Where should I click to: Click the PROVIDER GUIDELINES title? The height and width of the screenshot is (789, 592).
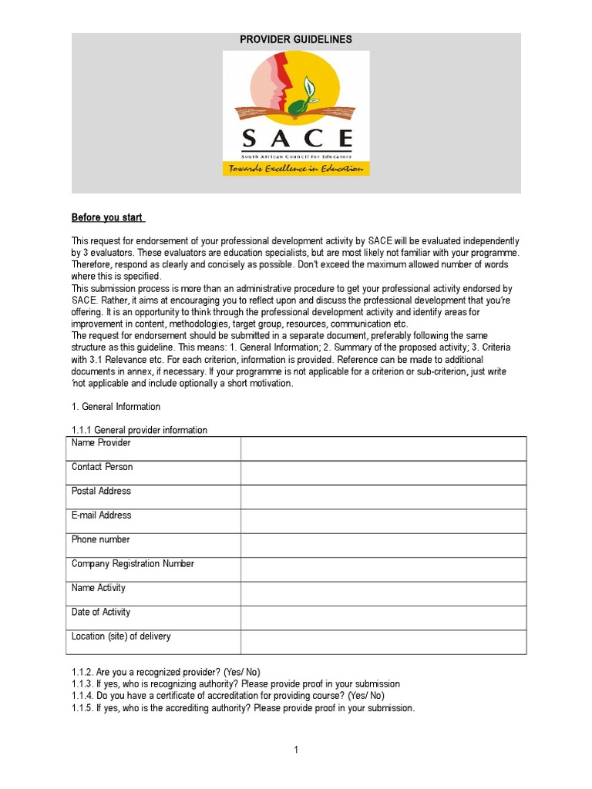tap(296, 39)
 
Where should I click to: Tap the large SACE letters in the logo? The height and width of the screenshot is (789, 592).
tap(296, 139)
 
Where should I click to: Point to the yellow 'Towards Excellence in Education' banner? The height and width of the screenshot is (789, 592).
tap(296, 169)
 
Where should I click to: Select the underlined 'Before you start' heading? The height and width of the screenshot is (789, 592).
tap(108, 217)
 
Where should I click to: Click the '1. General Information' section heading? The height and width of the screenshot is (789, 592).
tap(116, 406)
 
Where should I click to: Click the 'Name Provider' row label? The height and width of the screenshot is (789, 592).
tap(101, 443)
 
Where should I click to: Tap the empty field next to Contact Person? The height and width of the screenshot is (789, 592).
tap(383, 472)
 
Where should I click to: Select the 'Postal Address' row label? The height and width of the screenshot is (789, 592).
tap(101, 491)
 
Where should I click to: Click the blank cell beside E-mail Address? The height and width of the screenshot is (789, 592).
tap(383, 521)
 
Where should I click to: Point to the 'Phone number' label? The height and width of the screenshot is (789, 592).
tap(100, 539)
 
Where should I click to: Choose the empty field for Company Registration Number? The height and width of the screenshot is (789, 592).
tap(383, 569)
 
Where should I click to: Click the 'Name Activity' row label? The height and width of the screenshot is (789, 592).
tap(98, 588)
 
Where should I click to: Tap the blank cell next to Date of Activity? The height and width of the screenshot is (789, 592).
tap(383, 617)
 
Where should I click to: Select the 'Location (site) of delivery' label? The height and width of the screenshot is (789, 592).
tap(121, 636)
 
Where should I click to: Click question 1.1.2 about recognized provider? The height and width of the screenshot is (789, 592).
tap(171, 672)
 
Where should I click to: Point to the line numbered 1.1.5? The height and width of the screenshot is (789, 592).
tap(243, 708)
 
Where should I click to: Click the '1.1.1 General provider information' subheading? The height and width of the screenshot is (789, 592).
tap(140, 430)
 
